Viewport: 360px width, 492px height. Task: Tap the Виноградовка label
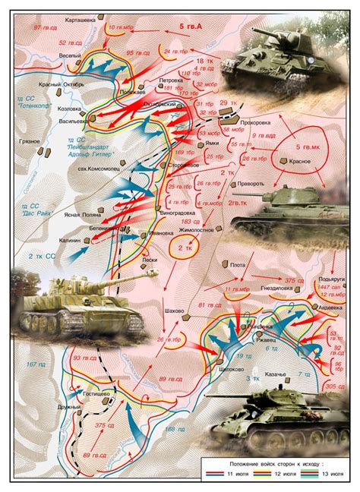point(177,213)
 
